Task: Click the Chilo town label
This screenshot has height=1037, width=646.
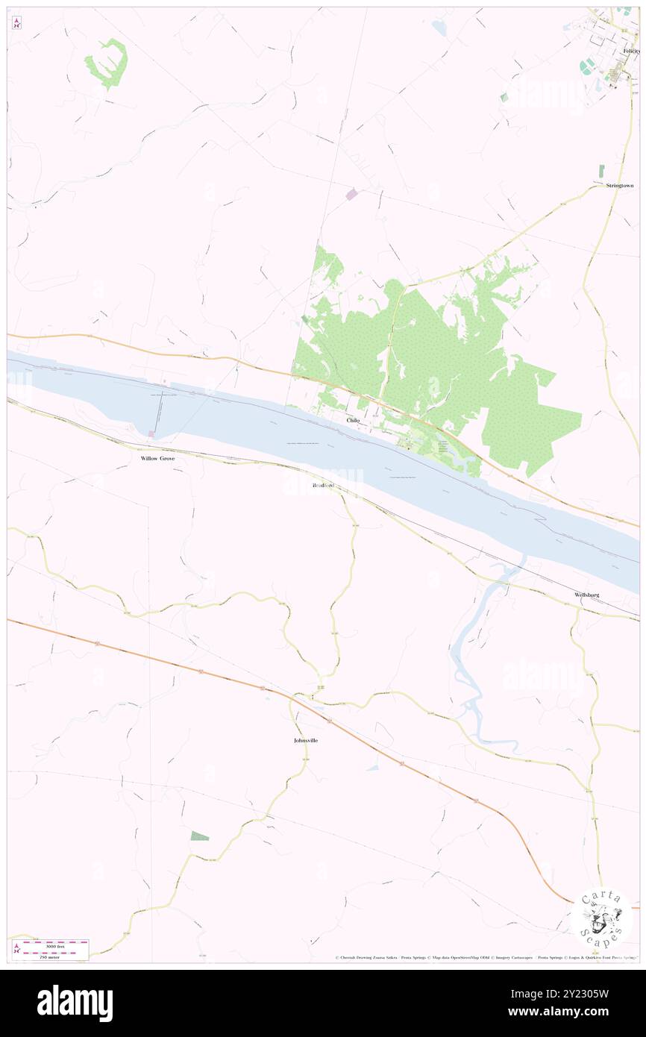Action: coord(353,420)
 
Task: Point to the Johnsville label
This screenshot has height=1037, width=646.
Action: coord(306,740)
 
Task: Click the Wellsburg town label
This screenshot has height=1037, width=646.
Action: coord(586,594)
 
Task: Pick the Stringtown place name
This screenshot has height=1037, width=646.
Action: coord(619,185)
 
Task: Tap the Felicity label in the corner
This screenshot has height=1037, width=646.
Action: coord(631,51)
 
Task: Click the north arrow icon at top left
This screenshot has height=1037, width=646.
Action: coord(16,23)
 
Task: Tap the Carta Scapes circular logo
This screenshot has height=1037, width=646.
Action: coord(601,917)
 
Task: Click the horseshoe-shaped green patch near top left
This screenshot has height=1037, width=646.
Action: coord(107,62)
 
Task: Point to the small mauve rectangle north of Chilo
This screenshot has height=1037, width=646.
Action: coord(351,194)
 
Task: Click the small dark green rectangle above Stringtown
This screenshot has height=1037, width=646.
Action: coord(601,170)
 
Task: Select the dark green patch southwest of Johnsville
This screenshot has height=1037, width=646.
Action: coord(199,836)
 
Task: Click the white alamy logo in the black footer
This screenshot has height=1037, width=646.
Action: coord(75,1003)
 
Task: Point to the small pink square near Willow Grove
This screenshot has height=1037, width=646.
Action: coord(151,433)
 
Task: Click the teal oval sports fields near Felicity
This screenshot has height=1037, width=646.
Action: coord(587,66)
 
